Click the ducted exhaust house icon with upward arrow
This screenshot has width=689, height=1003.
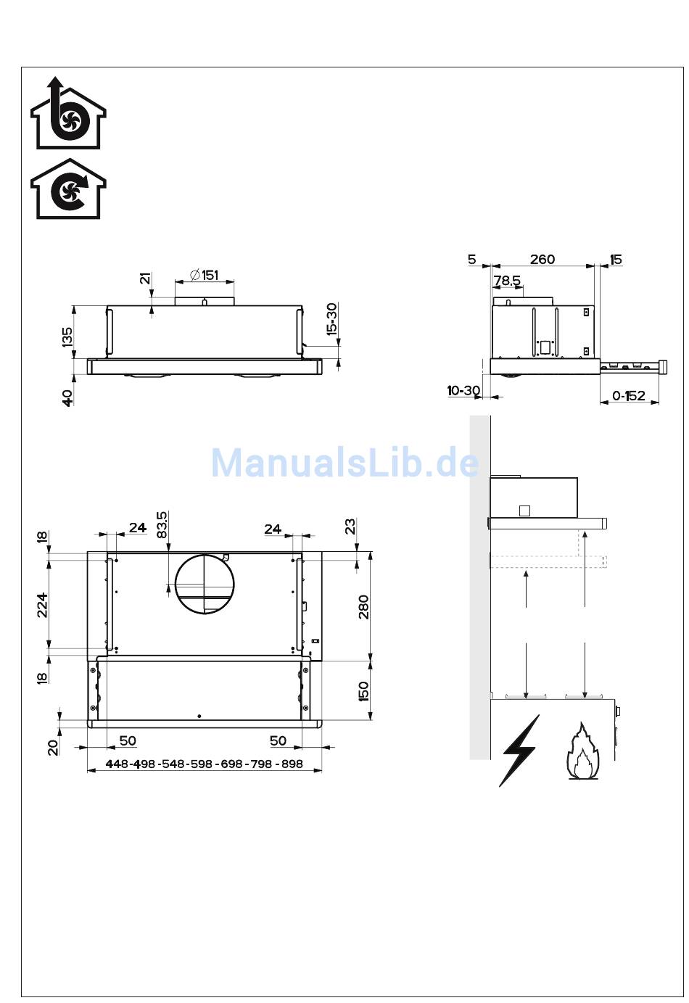[68, 113]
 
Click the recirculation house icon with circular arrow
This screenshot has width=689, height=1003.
[68, 189]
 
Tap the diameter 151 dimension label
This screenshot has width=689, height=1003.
[205, 275]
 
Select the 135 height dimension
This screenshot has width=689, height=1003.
[67, 337]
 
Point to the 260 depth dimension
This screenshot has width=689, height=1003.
[542, 259]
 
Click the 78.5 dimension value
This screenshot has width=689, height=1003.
[507, 280]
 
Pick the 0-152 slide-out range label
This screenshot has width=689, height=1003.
[629, 396]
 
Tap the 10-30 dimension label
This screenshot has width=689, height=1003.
[463, 390]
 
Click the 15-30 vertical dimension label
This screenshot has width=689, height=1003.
[331, 319]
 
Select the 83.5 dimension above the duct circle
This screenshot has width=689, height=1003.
[162, 525]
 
